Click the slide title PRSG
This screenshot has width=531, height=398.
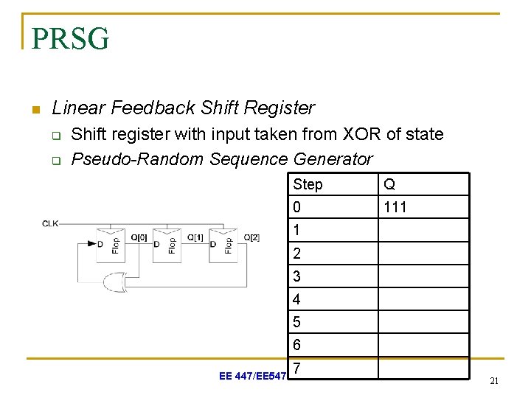point(71,38)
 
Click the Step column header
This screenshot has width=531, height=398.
point(308,184)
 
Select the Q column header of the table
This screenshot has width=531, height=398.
point(389,184)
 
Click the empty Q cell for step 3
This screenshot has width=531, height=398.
point(423,276)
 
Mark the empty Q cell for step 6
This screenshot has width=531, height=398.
point(423,345)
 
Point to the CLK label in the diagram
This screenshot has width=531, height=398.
point(51,223)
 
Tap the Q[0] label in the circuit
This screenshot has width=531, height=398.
point(139,237)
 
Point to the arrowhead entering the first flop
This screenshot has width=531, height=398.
point(100,244)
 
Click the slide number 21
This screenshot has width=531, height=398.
point(494,381)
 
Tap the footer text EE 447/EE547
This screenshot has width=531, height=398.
point(251,377)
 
